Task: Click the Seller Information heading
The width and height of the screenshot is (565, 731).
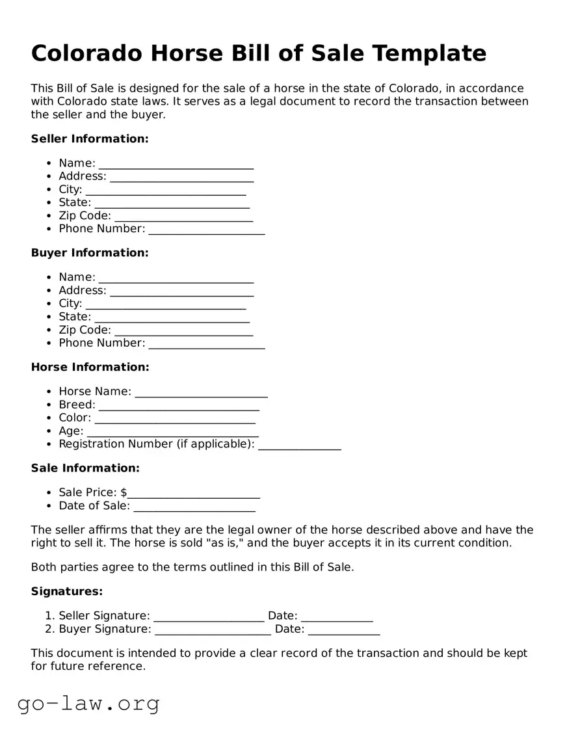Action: (90, 139)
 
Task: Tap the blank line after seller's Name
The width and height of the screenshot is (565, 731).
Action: (176, 164)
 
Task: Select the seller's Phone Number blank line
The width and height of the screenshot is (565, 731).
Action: (206, 230)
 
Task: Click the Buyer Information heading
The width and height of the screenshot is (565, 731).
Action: (90, 252)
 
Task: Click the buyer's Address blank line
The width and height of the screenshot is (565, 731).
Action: (181, 291)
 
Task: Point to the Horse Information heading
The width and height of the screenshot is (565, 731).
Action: (90, 367)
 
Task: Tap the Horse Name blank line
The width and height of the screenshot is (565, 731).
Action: (201, 392)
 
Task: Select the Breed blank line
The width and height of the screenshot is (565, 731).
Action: (179, 406)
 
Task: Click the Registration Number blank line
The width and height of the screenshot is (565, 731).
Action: (299, 445)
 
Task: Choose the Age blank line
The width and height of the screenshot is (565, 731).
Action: (172, 432)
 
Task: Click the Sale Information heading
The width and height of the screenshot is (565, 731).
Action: (85, 468)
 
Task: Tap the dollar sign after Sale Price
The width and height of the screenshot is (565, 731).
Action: (124, 493)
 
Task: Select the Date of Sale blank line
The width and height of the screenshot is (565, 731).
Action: (194, 507)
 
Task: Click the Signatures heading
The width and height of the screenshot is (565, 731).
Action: (66, 591)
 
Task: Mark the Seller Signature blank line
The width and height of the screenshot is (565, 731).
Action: (209, 617)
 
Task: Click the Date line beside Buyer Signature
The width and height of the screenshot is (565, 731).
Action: (343, 630)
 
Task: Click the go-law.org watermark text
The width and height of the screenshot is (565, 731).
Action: (88, 703)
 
